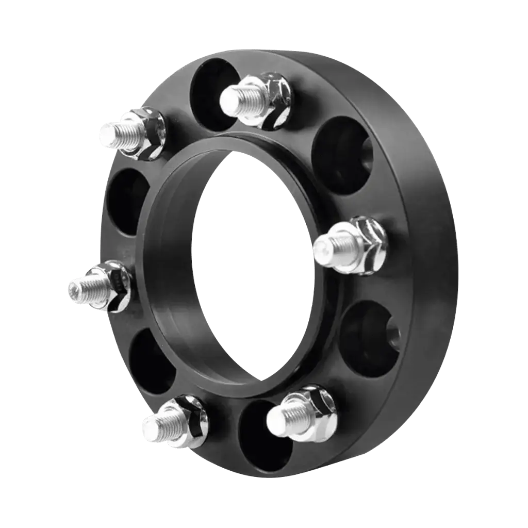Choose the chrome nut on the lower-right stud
pos(315,410)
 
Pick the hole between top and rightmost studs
pos(340,155)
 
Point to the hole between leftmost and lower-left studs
pos(150,361)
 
